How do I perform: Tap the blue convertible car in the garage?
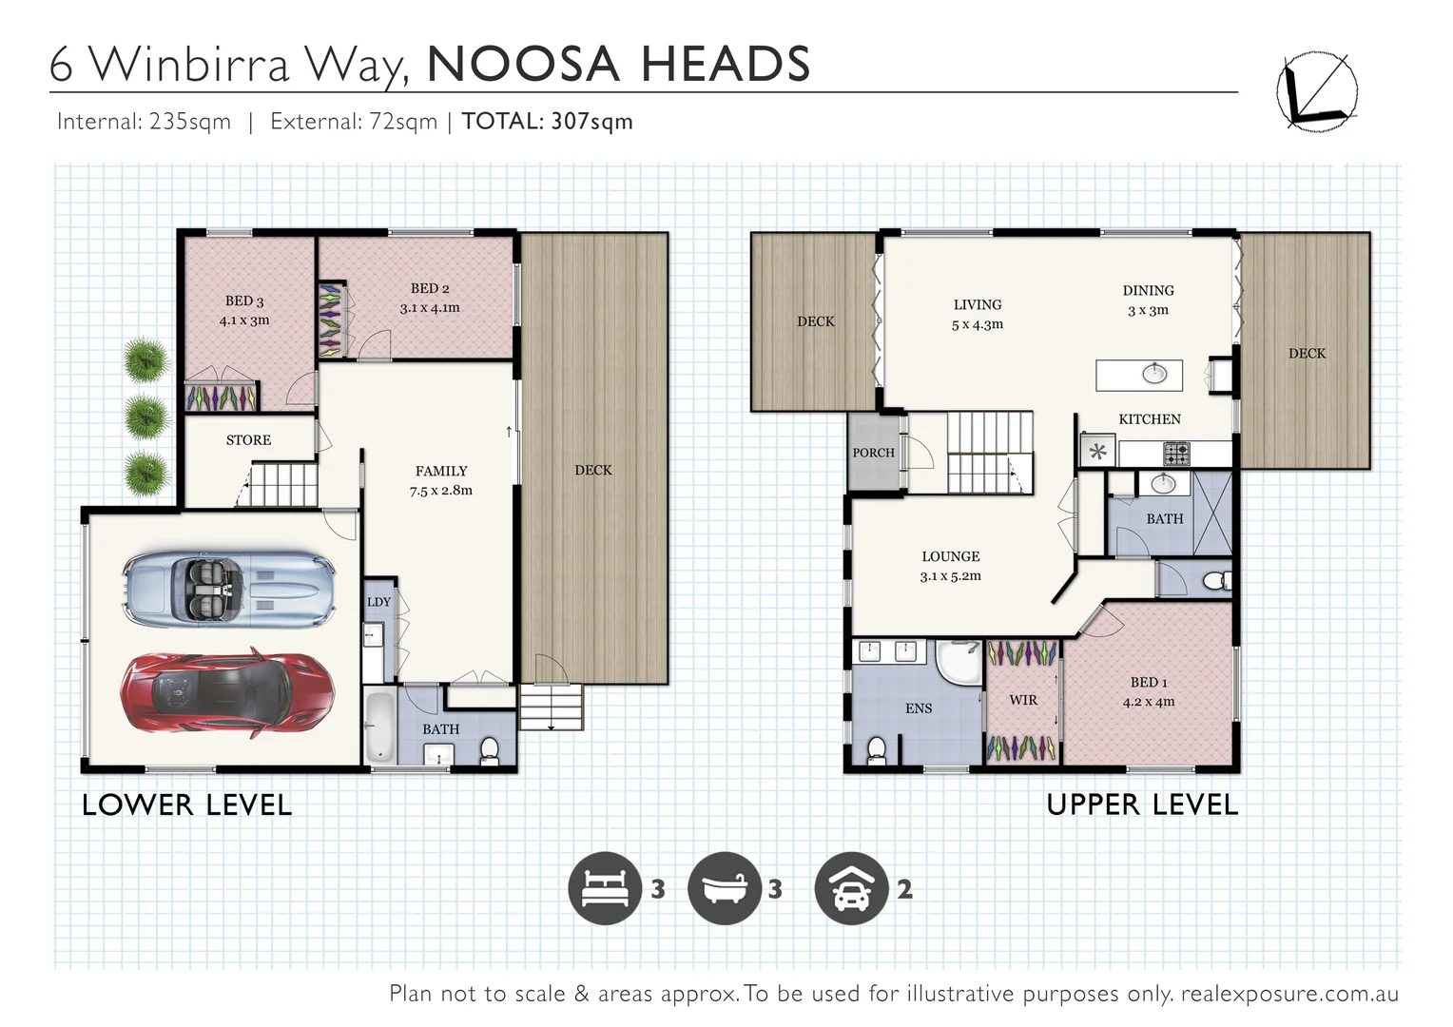[228, 590]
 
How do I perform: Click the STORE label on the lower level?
[248, 440]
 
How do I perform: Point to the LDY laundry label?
[378, 602]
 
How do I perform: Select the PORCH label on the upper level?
[873, 453]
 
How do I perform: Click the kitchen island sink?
[1154, 373]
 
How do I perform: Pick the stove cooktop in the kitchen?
[1176, 454]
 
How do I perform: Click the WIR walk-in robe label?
[1023, 700]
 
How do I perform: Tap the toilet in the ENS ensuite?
[877, 749]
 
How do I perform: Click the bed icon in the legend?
[605, 888]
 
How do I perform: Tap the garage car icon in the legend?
[851, 888]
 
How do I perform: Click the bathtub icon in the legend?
[725, 888]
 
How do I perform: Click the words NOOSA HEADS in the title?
[619, 65]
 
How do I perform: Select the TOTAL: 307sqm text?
[547, 122]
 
